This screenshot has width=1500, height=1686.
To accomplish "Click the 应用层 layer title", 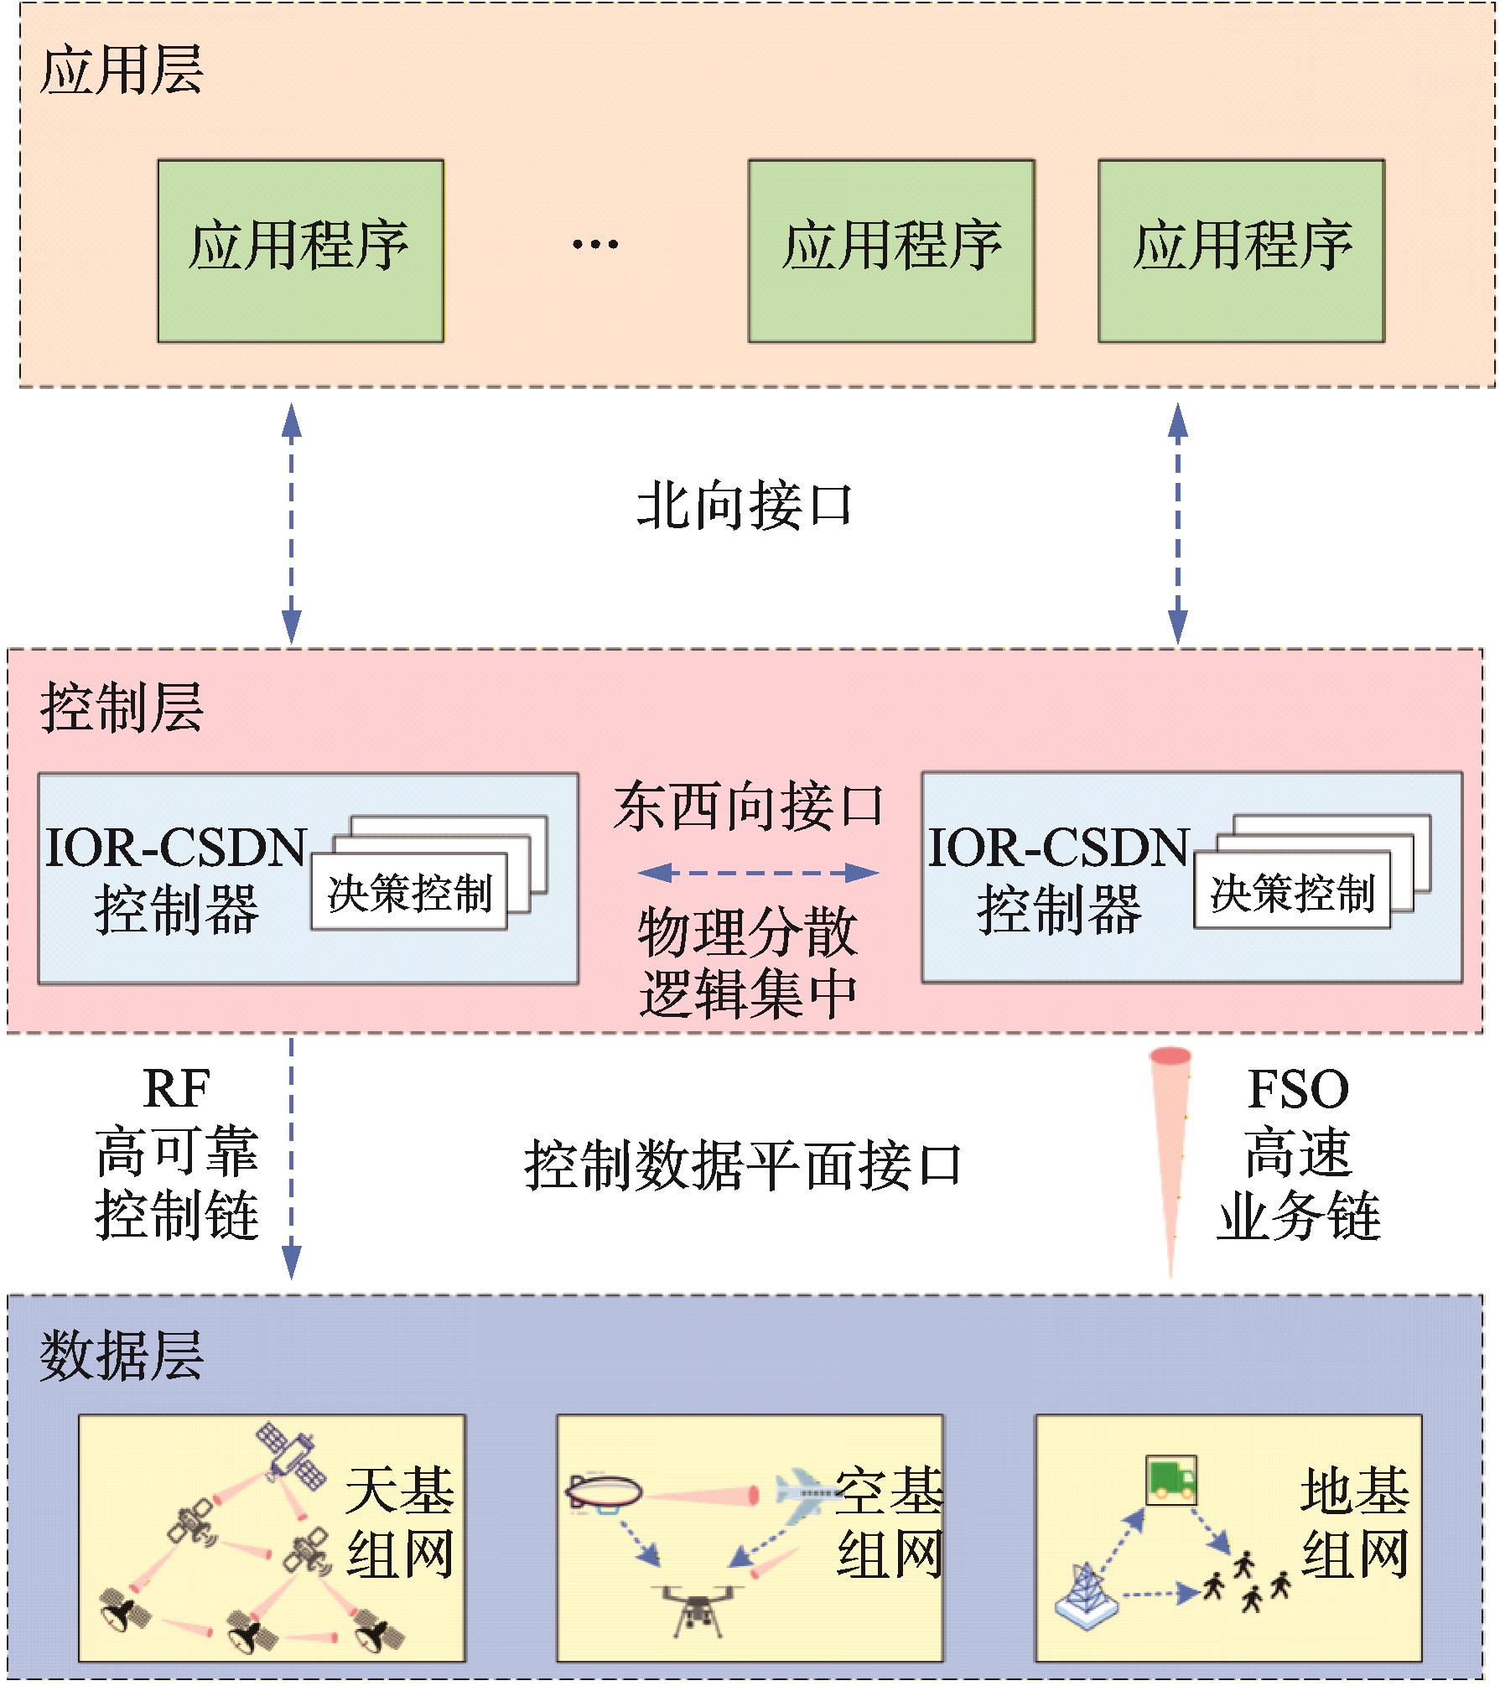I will pyautogui.click(x=122, y=70).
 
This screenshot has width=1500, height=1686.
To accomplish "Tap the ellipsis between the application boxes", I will pyautogui.click(x=594, y=245).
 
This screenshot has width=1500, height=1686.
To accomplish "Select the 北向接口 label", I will pyautogui.click(x=744, y=506).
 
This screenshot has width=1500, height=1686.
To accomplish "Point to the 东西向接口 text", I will pyautogui.click(x=748, y=807).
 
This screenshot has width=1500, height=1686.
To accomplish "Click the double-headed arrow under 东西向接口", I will pyautogui.click(x=757, y=873).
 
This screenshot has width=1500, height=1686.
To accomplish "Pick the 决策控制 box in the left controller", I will pyautogui.click(x=409, y=892).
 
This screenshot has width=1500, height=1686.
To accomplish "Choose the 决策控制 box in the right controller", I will pyautogui.click(x=1292, y=892).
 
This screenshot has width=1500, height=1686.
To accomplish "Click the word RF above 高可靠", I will pyautogui.click(x=176, y=1089).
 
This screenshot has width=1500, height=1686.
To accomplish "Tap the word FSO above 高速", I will pyautogui.click(x=1297, y=1089).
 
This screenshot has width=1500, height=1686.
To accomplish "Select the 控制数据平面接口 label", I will pyautogui.click(x=743, y=1165).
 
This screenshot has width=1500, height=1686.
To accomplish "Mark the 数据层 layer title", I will pyautogui.click(x=122, y=1356).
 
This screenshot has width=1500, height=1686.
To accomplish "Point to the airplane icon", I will pyautogui.click(x=805, y=1491).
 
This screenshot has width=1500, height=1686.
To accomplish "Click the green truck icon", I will pyautogui.click(x=1170, y=1480).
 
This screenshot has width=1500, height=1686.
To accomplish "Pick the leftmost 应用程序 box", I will pyautogui.click(x=300, y=251).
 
